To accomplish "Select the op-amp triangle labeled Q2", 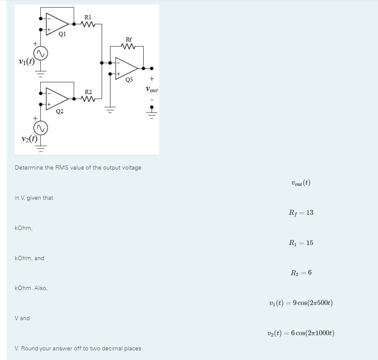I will pyautogui.click(x=56, y=98).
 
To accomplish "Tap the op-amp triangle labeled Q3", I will pyautogui.click(x=126, y=68).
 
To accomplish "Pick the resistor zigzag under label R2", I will pyautogui.click(x=88, y=99).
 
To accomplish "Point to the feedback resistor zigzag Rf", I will pyautogui.click(x=129, y=47).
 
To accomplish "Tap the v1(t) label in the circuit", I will pyautogui.click(x=26, y=61).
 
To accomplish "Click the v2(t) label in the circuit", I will pyautogui.click(x=29, y=138).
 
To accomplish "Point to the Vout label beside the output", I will pyautogui.click(x=151, y=90).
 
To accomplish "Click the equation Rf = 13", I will pyautogui.click(x=301, y=213).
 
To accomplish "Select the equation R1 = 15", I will pyautogui.click(x=301, y=243).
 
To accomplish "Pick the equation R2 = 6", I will pyautogui.click(x=301, y=273).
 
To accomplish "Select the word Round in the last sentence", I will pyautogui.click(x=30, y=348).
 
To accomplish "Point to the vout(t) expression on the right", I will pyautogui.click(x=301, y=183).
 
